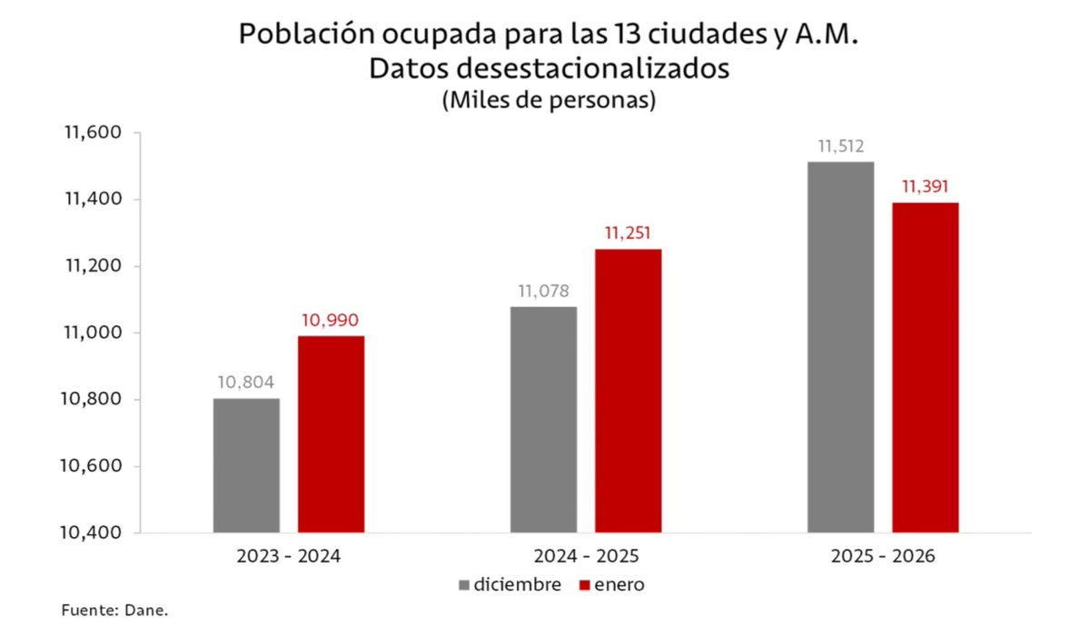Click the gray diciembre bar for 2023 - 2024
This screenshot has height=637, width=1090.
246,465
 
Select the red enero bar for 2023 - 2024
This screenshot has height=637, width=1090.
331,434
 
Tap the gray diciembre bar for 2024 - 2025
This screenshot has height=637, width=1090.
543,419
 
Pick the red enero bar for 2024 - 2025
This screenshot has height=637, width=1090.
628,391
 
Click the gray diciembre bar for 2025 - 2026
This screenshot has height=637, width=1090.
840,347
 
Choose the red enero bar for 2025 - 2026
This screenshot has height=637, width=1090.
925,367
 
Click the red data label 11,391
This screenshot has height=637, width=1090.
925,187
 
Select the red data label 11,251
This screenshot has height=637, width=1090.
628,234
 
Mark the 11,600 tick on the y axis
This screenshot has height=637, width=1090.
93,133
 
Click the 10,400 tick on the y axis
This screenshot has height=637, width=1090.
93,533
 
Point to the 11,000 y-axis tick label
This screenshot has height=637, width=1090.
93,333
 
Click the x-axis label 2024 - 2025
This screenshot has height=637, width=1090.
585,556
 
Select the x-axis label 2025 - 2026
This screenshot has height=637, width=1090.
882,556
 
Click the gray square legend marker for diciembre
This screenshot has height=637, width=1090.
464,585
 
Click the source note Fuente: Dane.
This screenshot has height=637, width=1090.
115,611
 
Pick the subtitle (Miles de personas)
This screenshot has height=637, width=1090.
549,101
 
